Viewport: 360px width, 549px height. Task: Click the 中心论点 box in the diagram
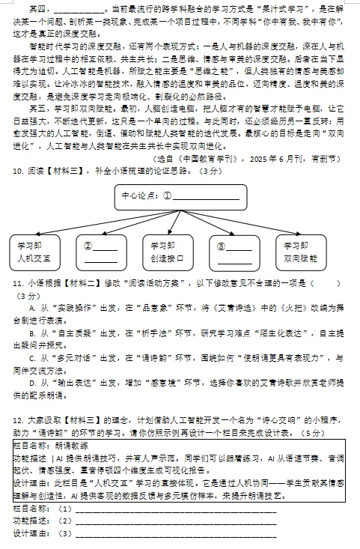point(180,198)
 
